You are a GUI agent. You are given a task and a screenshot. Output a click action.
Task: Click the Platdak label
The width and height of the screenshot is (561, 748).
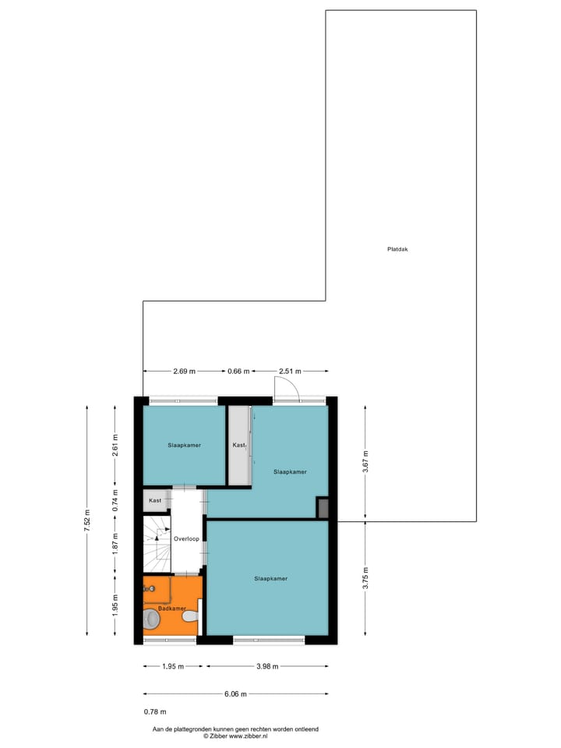tap(397, 249)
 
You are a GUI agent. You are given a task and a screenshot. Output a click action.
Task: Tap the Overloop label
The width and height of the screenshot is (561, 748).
tap(186, 538)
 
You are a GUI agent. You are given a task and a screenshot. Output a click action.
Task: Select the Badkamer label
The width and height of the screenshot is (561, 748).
tap(171, 608)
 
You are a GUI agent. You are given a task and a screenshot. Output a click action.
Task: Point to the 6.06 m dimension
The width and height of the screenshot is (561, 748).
tap(236, 693)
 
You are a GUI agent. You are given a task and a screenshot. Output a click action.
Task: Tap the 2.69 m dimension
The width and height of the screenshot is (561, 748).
tap(184, 371)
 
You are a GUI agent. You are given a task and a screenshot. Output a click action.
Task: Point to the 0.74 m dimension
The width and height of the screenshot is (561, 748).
tap(115, 499)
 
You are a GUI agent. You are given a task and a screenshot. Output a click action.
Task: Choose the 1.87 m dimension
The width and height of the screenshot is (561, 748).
tap(115, 543)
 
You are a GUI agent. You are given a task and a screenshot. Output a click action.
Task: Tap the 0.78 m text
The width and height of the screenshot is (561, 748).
tap(155, 711)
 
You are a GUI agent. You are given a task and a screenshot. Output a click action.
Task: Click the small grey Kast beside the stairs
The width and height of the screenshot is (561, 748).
tap(156, 500)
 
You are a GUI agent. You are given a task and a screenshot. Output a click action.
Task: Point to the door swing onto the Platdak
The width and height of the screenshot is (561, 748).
tap(287, 386)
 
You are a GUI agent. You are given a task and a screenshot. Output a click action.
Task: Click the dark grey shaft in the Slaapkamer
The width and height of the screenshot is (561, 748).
tap(323, 508)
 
